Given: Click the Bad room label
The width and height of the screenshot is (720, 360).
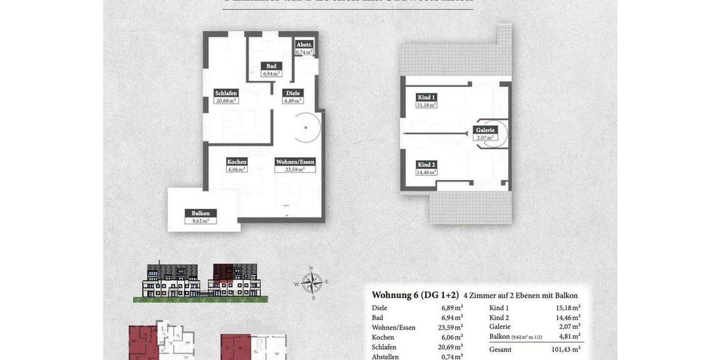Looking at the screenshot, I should pyautogui.click(x=271, y=66).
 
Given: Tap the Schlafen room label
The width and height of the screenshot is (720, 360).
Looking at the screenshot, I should pyautogui.click(x=226, y=93).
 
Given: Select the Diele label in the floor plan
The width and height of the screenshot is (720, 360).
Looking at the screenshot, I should pyautogui.click(x=293, y=93).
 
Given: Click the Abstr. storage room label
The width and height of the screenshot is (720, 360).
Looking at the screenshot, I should pyautogui.click(x=304, y=45).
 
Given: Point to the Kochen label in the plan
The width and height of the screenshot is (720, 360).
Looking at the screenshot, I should pyautogui.click(x=237, y=162).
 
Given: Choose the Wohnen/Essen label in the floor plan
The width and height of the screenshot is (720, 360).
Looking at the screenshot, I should pyautogui.click(x=295, y=162).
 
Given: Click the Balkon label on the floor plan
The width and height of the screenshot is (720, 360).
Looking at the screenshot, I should pyautogui.click(x=200, y=213).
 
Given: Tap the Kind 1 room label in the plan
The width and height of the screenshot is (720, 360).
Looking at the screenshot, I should pyautogui.click(x=427, y=97).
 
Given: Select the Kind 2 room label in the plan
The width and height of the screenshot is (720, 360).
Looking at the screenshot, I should pyautogui.click(x=427, y=164).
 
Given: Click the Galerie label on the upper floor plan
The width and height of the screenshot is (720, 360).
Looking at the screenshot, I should pyautogui.click(x=485, y=130).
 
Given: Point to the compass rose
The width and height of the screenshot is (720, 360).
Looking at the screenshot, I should pyautogui.click(x=311, y=281).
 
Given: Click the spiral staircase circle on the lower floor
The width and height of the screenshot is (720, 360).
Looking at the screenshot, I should pyautogui.click(x=306, y=127).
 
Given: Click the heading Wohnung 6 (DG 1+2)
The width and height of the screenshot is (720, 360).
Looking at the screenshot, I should pyautogui.click(x=415, y=295).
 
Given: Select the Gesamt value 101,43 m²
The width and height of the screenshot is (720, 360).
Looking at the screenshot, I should pyautogui.click(x=568, y=349).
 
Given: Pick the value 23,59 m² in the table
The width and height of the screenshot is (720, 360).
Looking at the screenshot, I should pyautogui.click(x=450, y=328).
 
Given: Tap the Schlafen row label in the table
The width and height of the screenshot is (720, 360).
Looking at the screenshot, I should pyautogui.click(x=385, y=347).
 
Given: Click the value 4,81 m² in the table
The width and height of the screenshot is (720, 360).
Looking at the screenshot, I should pyautogui.click(x=568, y=337).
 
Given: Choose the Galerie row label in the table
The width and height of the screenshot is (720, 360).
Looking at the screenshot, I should pyautogui.click(x=500, y=327).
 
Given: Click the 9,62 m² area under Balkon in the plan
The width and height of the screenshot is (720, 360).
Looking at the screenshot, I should pyautogui.click(x=200, y=221).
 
